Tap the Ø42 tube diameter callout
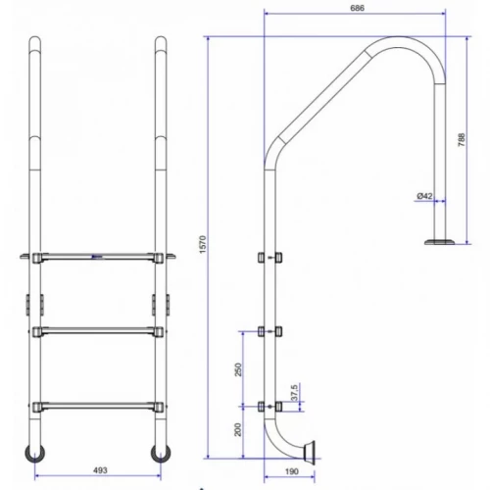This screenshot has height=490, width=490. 424,196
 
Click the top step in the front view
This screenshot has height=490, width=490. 96,259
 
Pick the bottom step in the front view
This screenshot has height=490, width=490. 96,403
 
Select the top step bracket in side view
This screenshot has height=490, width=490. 268,259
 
